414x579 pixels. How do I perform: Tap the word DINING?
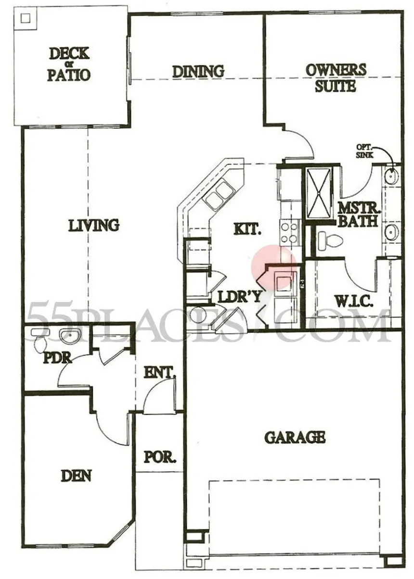click(x=198, y=71)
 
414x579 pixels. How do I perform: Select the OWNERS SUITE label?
click(x=336, y=77)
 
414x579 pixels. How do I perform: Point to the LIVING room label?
click(x=94, y=225)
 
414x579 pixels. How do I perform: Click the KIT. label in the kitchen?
click(x=247, y=228)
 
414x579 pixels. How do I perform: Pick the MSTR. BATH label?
click(x=359, y=215)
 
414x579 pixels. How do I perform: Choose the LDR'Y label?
click(x=239, y=297)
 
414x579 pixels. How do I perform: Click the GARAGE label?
click(x=295, y=437)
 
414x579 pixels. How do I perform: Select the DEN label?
click(x=76, y=476)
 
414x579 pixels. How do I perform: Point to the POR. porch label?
click(x=160, y=456)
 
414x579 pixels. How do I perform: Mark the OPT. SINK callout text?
click(x=364, y=152)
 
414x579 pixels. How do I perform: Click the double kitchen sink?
click(x=219, y=195)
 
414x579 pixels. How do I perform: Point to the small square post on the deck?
click(x=26, y=19)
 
